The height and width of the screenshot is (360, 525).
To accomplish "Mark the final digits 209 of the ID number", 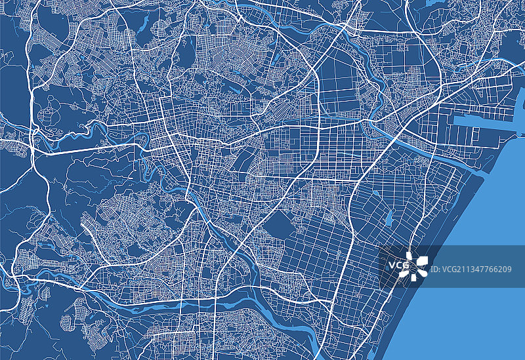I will coord(506,269).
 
